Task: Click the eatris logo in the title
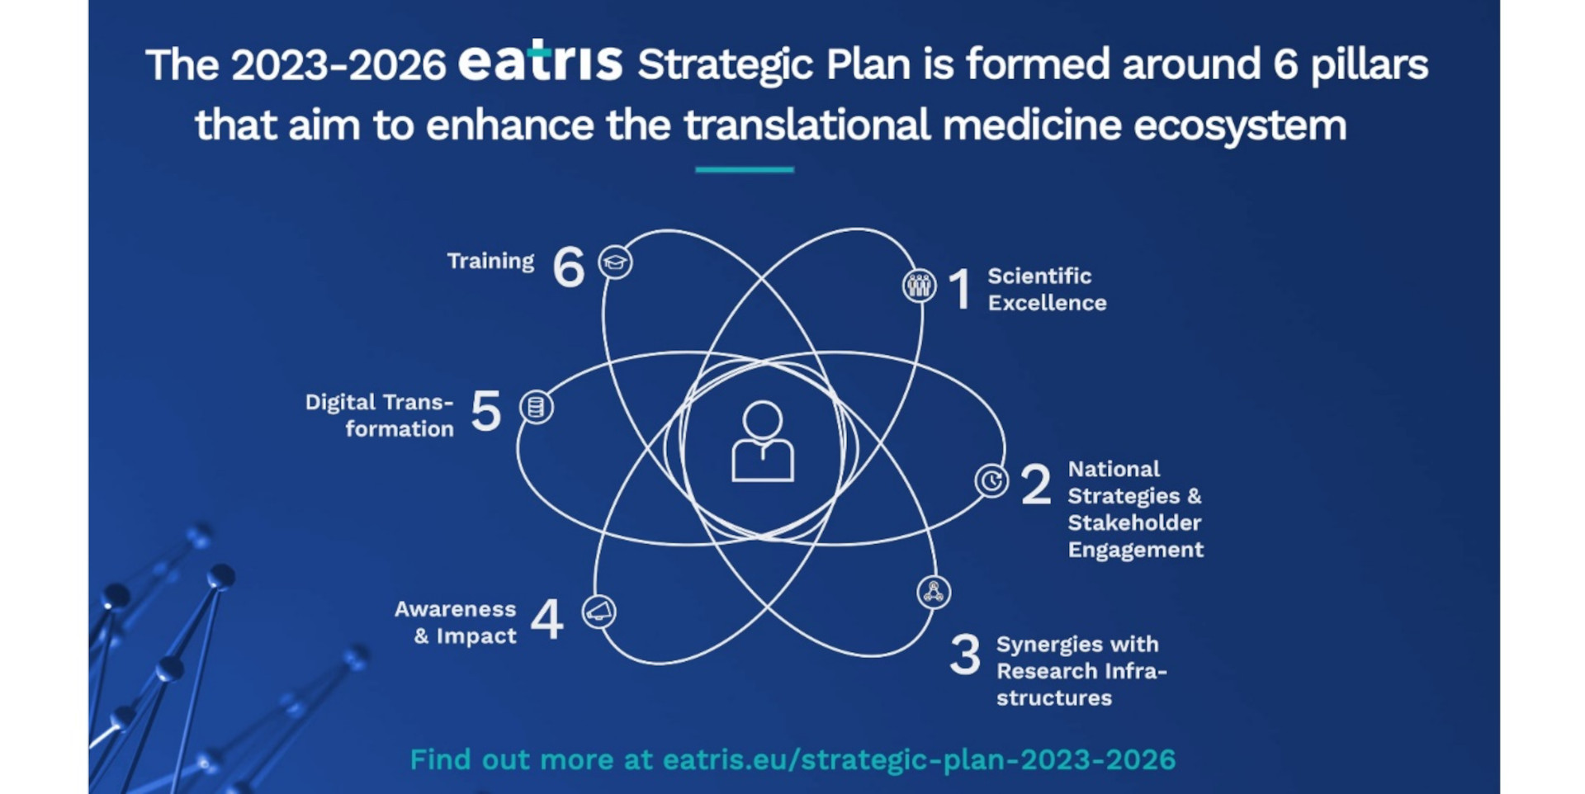[x=540, y=60]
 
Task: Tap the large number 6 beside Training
[x=569, y=267]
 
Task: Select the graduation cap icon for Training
[x=615, y=262]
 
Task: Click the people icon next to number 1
[x=919, y=286]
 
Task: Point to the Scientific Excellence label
[x=1047, y=289]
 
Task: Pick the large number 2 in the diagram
[x=1036, y=484]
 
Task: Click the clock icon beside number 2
[x=991, y=480]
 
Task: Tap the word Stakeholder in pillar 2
[x=1134, y=522]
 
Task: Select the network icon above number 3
[x=934, y=592]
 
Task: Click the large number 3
[x=965, y=655]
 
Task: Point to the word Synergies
[x=1042, y=645]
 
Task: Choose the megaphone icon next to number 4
[x=599, y=612]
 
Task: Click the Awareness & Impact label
[x=455, y=622]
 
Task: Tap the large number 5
[x=486, y=411]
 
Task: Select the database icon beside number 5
[x=537, y=407]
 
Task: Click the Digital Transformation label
[x=380, y=415]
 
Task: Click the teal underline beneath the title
[x=745, y=169]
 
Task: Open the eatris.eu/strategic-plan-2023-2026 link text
[x=919, y=759]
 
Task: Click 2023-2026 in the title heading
[x=338, y=65]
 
